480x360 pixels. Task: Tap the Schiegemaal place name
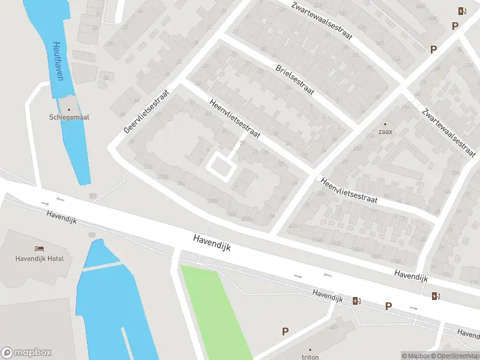pyautogui.click(x=69, y=118)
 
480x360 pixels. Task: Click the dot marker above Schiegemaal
pyautogui.click(x=69, y=109)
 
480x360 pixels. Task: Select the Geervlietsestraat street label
pyautogui.click(x=147, y=112)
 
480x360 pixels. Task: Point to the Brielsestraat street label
pyautogui.click(x=295, y=80)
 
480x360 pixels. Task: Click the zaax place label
pyautogui.click(x=385, y=133)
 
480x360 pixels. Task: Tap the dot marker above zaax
pyautogui.click(x=385, y=124)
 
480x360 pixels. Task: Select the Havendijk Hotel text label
pyautogui.click(x=40, y=259)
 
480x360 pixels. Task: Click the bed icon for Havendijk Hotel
pyautogui.click(x=40, y=248)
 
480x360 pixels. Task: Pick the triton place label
pyautogui.click(x=310, y=356)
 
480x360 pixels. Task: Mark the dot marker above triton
pyautogui.click(x=310, y=349)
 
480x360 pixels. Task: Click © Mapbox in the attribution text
pyautogui.click(x=416, y=356)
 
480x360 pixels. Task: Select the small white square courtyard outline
pyautogui.click(x=220, y=166)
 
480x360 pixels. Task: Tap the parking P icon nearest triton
pyautogui.click(x=286, y=331)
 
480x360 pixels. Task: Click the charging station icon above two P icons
pyautogui.click(x=461, y=10)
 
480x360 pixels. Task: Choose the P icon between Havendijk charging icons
pyautogui.click(x=389, y=306)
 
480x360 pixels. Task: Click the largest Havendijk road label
pyautogui.click(x=212, y=242)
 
